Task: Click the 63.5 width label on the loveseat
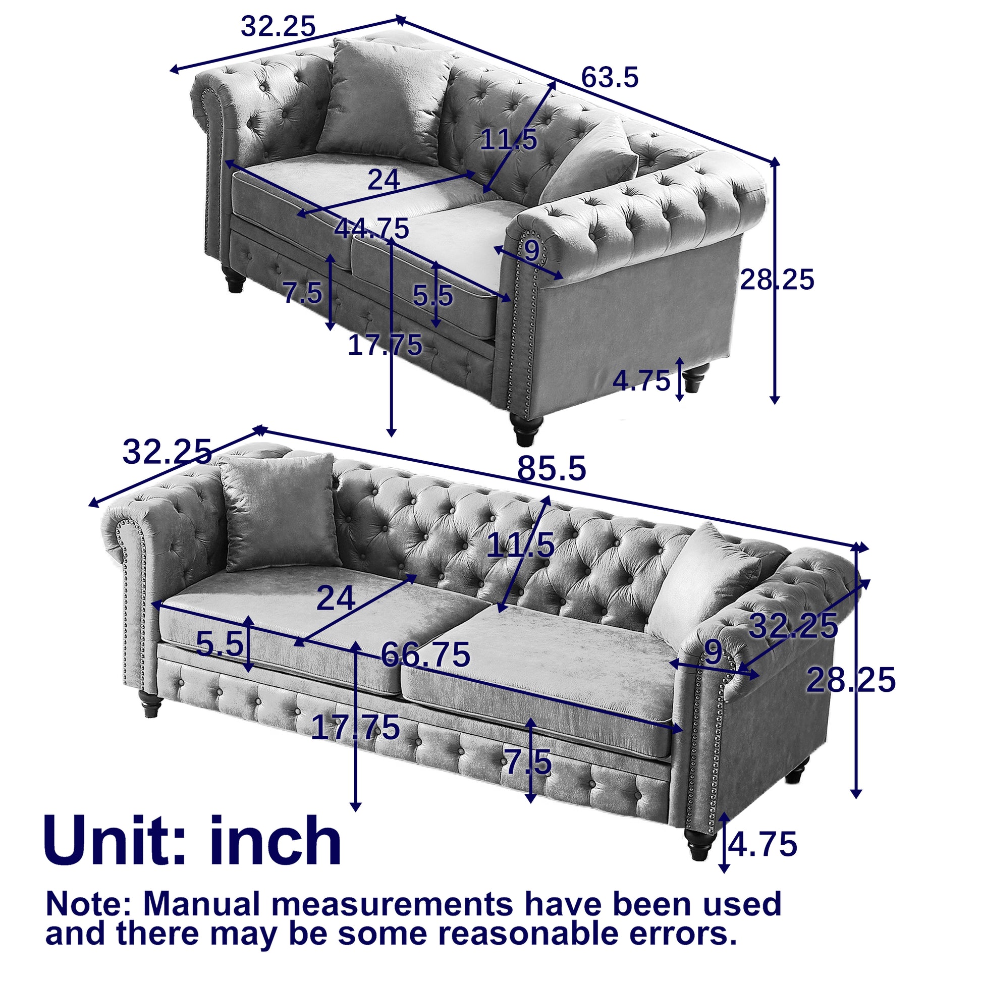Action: click(609, 78)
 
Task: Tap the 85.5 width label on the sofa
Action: click(552, 468)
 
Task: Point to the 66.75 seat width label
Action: click(425, 654)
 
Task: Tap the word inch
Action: click(275, 841)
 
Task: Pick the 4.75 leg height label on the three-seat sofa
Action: click(762, 844)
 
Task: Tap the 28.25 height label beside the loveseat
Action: click(777, 280)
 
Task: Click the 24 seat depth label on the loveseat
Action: click(383, 180)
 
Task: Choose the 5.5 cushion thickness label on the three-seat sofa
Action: click(220, 644)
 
